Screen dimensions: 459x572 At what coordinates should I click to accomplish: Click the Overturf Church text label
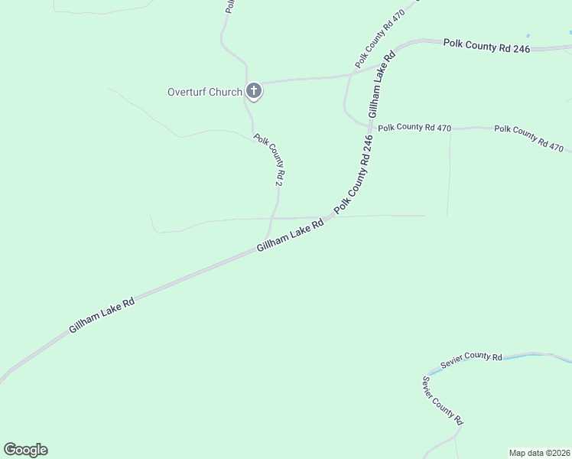pos(204,93)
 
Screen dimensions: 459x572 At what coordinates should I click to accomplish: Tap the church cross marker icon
pos(254,92)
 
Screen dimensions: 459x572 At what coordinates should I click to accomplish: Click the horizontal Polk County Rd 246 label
pos(486,45)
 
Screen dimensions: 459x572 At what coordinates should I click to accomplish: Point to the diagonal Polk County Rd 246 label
pos(353,174)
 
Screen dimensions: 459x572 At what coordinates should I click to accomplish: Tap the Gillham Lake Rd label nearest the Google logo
pos(102,314)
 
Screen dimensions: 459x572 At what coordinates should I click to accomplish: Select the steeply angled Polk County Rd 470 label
pos(379,39)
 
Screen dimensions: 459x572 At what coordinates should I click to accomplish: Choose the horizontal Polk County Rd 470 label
pos(414,128)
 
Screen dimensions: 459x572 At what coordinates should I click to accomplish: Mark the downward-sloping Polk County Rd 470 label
pos(528,138)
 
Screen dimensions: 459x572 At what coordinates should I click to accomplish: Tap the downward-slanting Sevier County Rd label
pos(443,400)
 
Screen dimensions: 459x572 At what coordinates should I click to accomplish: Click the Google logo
pos(25,450)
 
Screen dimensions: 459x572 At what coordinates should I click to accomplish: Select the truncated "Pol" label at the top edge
pos(229,7)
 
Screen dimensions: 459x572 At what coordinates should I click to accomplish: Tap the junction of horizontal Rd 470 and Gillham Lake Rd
pos(370,126)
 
